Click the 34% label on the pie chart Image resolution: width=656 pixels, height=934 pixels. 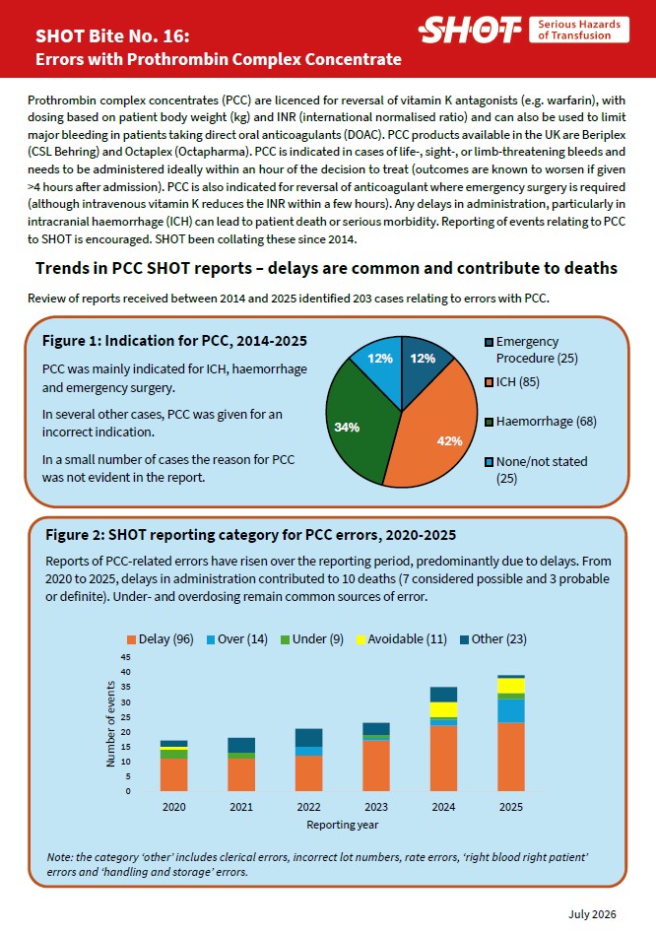pyautogui.click(x=347, y=427)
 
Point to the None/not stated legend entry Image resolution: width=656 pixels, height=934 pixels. pyautogui.click(x=537, y=469)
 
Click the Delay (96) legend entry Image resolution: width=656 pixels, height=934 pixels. pyautogui.click(x=161, y=639)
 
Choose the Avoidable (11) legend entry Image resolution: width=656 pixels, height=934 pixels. pyautogui.click(x=401, y=639)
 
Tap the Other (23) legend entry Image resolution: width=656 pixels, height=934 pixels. pyautogui.click(x=493, y=639)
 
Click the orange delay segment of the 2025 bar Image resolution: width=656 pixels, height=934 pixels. pyautogui.click(x=511, y=757)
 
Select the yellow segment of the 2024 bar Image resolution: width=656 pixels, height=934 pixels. pyautogui.click(x=443, y=709)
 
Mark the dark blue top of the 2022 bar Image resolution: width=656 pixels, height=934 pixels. pyautogui.click(x=309, y=737)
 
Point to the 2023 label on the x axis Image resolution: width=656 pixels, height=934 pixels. pyautogui.click(x=376, y=807)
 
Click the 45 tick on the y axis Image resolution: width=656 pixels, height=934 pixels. pyautogui.click(x=126, y=657)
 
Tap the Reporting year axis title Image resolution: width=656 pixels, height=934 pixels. pyautogui.click(x=343, y=825)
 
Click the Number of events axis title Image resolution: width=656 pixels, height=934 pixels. pyautogui.click(x=110, y=724)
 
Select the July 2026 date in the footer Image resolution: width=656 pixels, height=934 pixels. pyautogui.click(x=592, y=914)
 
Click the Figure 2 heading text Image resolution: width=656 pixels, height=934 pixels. pyautogui.click(x=250, y=534)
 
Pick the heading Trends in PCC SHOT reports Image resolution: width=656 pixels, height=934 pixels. pyautogui.click(x=326, y=268)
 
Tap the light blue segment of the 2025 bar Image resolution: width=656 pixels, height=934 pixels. pyautogui.click(x=511, y=710)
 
